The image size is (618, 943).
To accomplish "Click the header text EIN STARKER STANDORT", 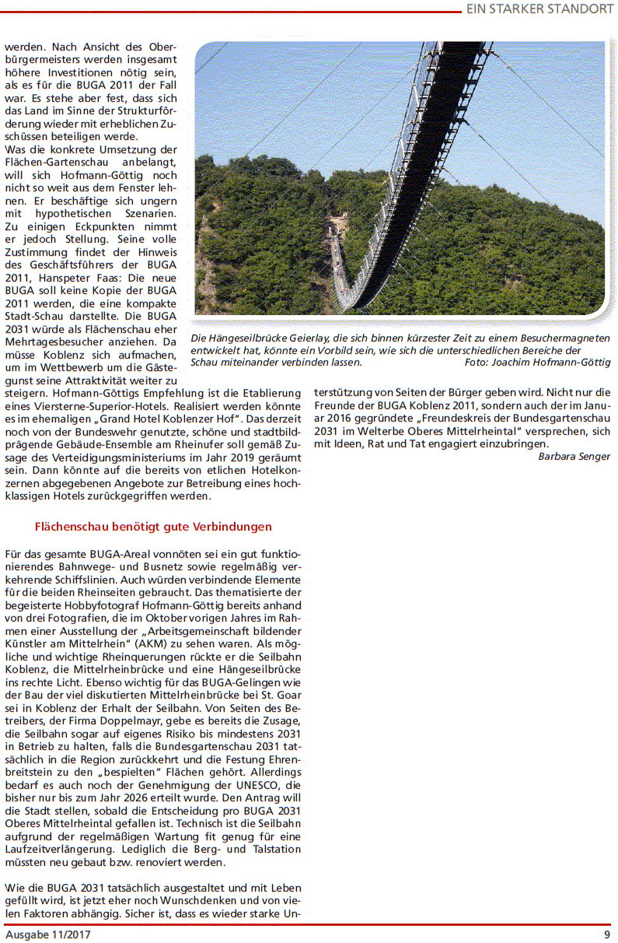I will point(539,9).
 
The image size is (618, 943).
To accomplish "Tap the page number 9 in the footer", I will point(606,934).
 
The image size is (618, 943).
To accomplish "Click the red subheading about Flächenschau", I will point(153,527).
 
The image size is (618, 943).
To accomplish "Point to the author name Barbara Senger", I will point(574,457).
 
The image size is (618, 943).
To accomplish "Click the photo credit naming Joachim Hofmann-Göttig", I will point(537,363).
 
